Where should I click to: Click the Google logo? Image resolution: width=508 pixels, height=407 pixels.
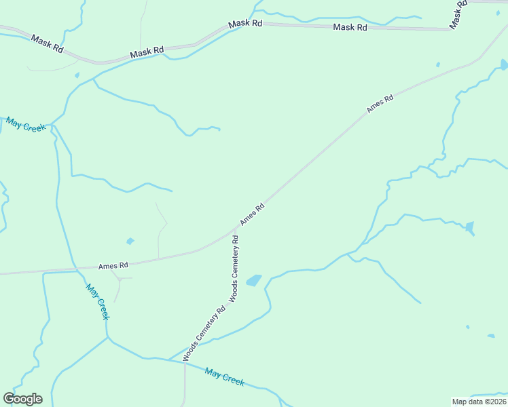tap(23, 399)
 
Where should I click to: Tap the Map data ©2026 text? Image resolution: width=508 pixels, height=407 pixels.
tap(479, 401)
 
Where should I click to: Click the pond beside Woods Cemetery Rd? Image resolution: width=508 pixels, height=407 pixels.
tap(253, 280)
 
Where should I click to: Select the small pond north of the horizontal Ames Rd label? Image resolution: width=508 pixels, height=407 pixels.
tap(130, 241)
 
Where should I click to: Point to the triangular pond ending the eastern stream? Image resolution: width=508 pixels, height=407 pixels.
tap(469, 227)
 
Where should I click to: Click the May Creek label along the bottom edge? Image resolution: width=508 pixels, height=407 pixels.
tap(224, 377)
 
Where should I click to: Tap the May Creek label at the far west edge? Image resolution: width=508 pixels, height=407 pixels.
tap(26, 125)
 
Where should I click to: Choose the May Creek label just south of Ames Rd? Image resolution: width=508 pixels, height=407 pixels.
tap(98, 301)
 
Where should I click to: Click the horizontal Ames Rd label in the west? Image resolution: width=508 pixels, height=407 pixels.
tap(113, 266)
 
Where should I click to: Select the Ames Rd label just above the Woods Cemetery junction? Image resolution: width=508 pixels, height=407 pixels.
tap(251, 214)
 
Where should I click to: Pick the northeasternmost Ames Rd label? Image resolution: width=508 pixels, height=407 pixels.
tap(380, 104)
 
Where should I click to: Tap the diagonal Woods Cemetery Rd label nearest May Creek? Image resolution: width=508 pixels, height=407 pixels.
tap(204, 332)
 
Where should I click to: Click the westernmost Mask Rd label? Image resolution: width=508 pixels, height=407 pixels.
tap(47, 44)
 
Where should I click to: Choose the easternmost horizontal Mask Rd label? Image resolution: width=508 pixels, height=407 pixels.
tap(350, 27)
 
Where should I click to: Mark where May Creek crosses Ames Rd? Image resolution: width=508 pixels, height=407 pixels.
tap(75, 270)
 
